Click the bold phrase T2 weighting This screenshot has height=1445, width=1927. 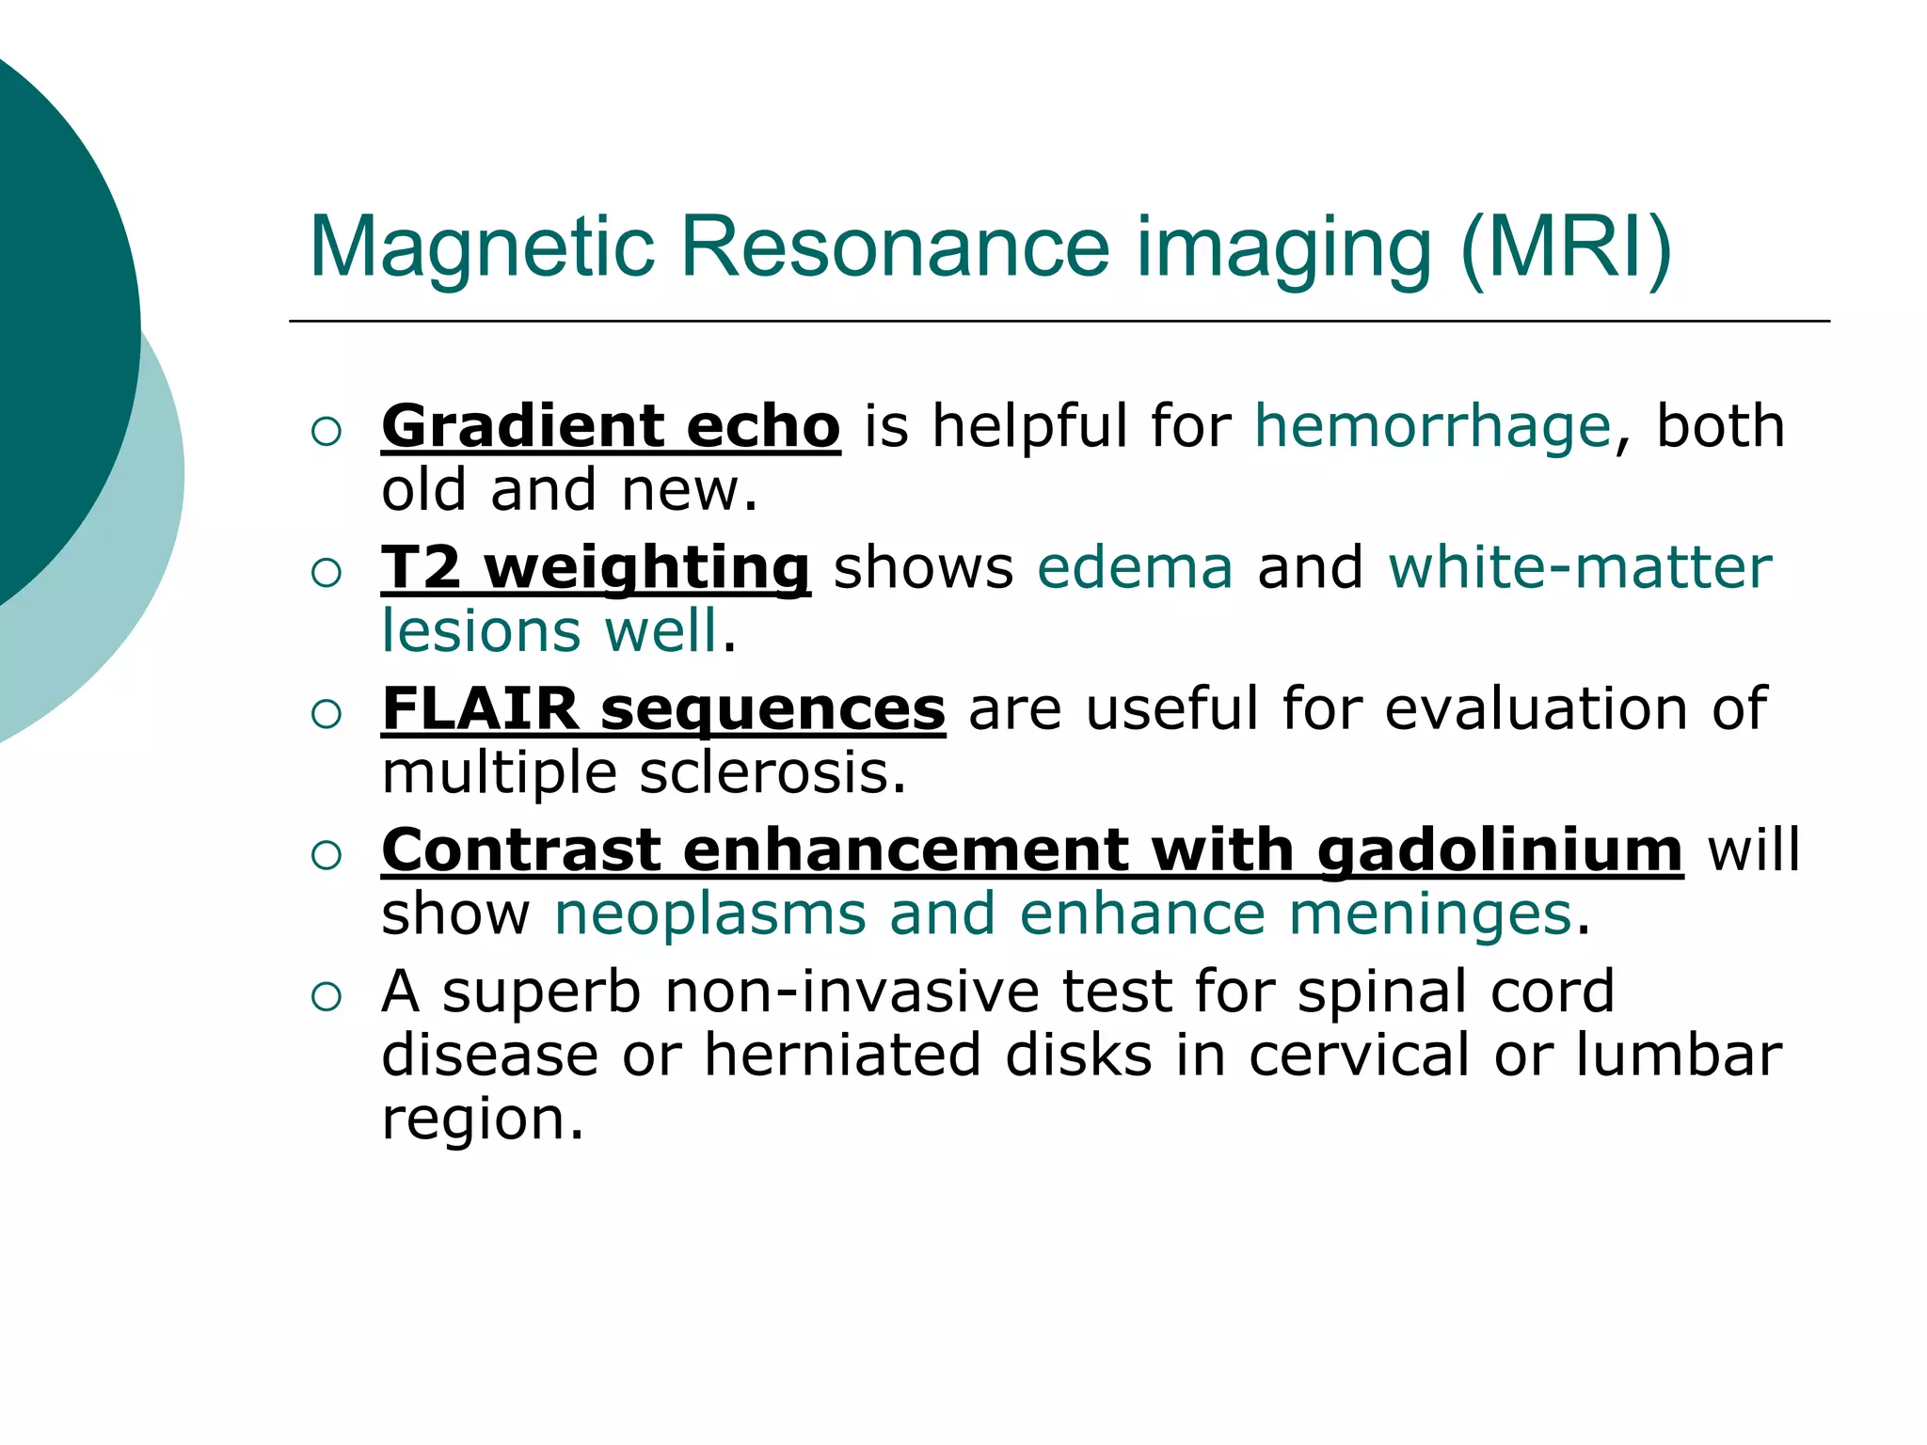[x=595, y=568]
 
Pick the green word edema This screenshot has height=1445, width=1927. [x=1135, y=568]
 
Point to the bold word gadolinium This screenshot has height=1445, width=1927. [x=1500, y=850]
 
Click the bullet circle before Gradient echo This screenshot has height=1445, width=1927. [x=326, y=432]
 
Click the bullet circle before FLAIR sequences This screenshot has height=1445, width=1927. [x=326, y=714]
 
